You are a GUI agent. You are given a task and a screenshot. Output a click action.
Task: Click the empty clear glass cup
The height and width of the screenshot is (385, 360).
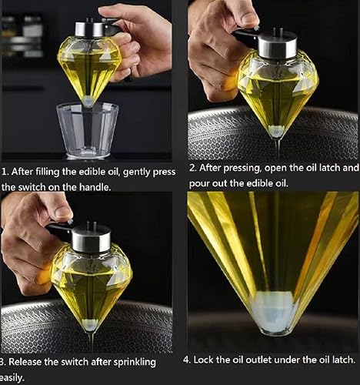click(88, 129)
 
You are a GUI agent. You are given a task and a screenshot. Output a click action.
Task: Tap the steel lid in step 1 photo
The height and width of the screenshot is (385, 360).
click(90, 29)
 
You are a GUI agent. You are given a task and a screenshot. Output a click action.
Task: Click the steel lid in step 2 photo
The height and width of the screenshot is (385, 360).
click(278, 46)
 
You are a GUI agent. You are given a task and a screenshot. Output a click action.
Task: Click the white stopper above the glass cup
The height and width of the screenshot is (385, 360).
click(88, 101)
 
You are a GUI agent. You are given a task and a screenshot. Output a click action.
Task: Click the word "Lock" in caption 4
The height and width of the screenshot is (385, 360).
click(202, 360)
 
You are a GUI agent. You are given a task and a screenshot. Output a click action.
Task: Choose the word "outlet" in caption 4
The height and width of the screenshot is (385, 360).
click(258, 360)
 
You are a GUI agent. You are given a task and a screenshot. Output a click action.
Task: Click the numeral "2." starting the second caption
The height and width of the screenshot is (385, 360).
click(193, 168)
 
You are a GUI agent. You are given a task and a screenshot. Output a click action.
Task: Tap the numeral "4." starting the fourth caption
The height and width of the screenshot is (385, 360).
click(187, 360)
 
